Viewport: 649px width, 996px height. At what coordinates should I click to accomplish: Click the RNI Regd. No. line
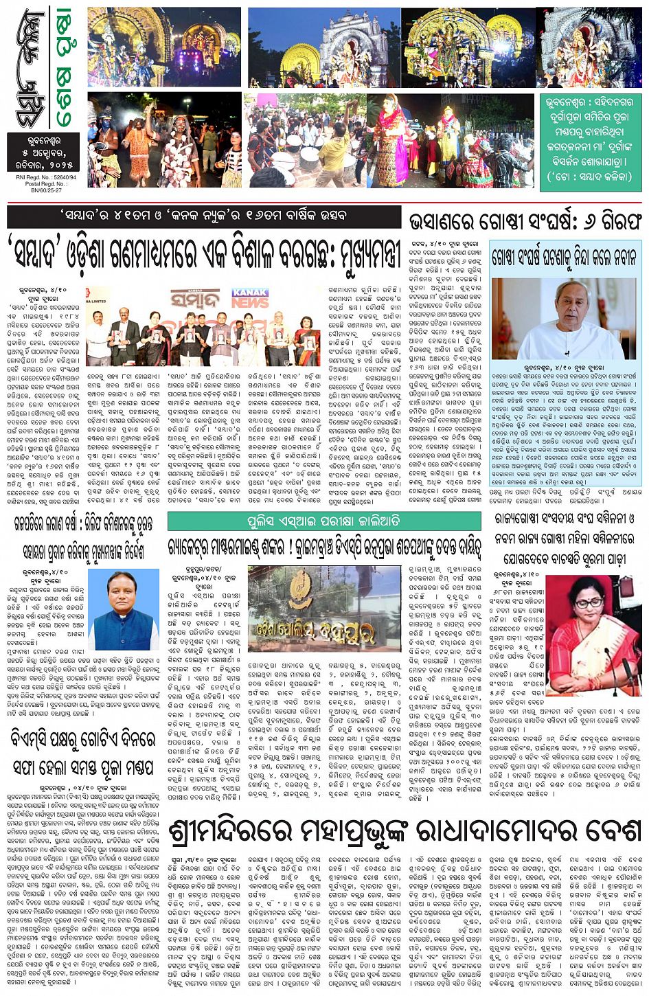pos(45,177)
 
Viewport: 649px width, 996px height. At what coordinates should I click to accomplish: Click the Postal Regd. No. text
pos(45,183)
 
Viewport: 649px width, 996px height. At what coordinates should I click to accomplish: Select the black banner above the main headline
pos(204,216)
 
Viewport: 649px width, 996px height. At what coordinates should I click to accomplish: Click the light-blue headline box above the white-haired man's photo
pos(565,258)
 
